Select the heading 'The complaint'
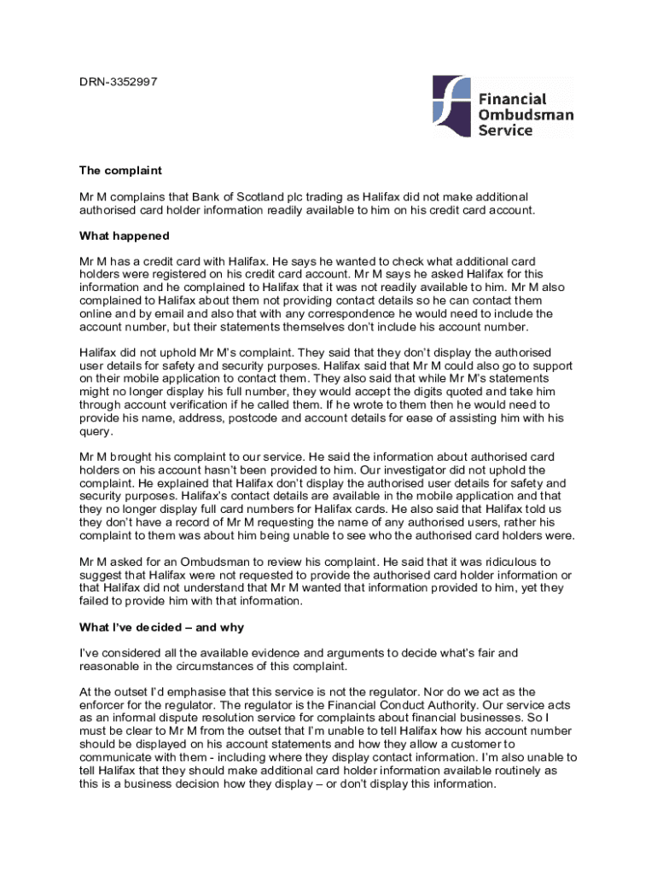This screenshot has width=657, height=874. click(120, 171)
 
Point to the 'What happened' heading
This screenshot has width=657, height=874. click(125, 236)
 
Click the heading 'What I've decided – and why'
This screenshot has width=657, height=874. click(161, 627)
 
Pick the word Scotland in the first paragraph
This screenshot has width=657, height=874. click(260, 196)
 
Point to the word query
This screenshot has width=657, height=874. click(95, 431)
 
